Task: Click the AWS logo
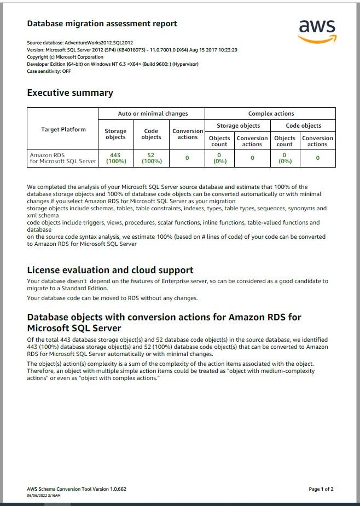(317, 31)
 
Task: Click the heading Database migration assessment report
(102, 24)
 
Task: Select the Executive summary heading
(70, 93)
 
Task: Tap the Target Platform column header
(63, 129)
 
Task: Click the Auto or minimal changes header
(153, 113)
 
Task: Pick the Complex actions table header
(271, 113)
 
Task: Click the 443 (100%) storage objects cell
(115, 158)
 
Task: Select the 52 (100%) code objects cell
(151, 158)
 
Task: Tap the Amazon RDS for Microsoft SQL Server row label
(63, 158)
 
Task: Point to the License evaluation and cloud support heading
(110, 270)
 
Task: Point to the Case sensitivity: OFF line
(49, 71)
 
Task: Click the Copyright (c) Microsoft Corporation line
(65, 57)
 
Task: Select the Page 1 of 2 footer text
(321, 489)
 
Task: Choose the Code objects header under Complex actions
(304, 125)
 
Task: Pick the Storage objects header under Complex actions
(239, 125)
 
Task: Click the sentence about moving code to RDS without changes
(112, 298)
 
